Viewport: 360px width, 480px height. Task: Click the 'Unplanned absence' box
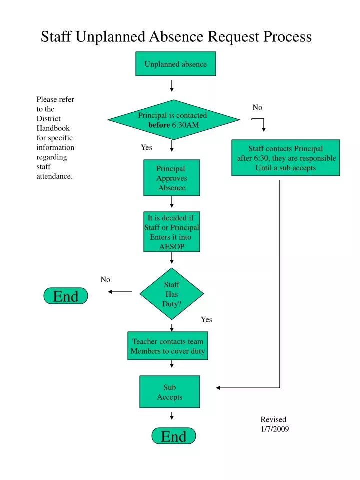click(176, 64)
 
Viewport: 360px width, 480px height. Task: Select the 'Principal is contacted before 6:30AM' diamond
click(173, 120)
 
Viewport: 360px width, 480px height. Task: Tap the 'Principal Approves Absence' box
click(172, 178)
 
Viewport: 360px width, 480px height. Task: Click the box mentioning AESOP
click(172, 232)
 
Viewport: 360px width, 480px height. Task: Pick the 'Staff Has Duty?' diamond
click(172, 294)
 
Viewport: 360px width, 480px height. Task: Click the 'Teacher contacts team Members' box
click(168, 346)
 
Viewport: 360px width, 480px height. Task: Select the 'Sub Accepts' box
click(170, 392)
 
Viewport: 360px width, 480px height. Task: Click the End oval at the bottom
click(174, 436)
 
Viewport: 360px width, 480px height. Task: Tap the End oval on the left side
click(66, 296)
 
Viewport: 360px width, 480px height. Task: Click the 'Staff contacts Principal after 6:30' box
click(286, 158)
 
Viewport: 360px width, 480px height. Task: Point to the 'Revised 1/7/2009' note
click(274, 424)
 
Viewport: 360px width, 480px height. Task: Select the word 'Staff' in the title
click(57, 37)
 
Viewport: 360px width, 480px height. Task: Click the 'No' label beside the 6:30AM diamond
click(257, 107)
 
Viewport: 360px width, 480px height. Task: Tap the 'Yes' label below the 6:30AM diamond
click(146, 147)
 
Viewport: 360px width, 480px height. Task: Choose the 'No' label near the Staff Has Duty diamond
click(105, 279)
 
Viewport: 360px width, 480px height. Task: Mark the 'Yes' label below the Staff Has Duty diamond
click(206, 319)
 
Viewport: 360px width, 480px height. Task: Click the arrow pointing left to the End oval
click(120, 292)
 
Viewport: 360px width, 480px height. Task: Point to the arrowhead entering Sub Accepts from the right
click(219, 388)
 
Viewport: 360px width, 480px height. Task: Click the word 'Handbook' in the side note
click(52, 128)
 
